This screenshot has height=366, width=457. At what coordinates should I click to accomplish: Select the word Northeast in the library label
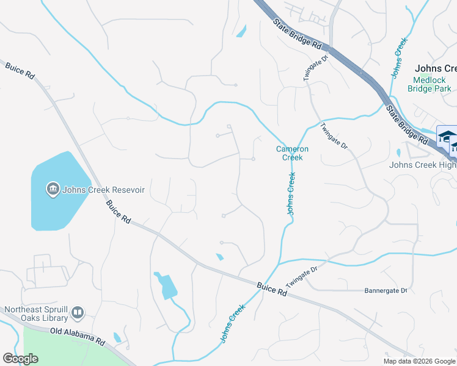(23, 309)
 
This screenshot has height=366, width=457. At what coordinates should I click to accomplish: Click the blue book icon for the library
(78, 314)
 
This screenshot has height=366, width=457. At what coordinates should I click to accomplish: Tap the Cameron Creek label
(292, 153)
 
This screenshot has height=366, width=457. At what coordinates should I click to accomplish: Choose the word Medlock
(430, 80)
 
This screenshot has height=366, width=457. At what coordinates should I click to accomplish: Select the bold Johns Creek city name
(436, 69)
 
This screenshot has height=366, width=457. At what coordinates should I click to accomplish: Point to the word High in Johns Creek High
(447, 165)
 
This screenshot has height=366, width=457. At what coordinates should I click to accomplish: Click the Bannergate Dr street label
(386, 290)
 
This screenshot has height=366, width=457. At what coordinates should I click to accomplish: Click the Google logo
(20, 359)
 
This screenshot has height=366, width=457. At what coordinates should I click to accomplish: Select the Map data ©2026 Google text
(419, 361)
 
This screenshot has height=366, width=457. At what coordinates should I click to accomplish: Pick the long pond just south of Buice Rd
(167, 287)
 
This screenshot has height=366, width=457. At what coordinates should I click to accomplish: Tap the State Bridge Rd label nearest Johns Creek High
(406, 124)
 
